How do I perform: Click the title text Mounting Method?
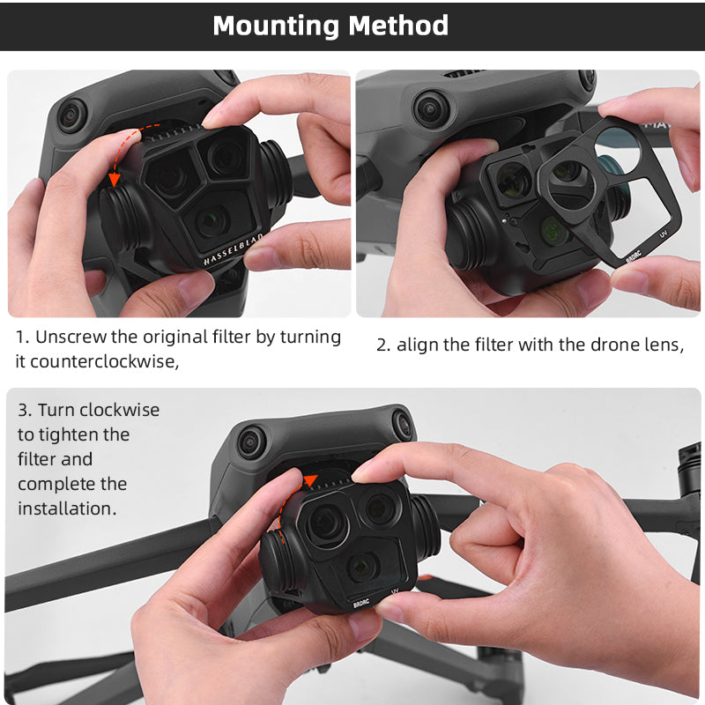pos(330,25)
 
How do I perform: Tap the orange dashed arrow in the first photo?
pos(123,155)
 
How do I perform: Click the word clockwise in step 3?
pos(121,410)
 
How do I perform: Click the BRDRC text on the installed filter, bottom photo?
pos(361,604)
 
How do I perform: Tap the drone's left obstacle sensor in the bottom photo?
pos(252,441)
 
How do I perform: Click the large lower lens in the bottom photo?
pos(362,567)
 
